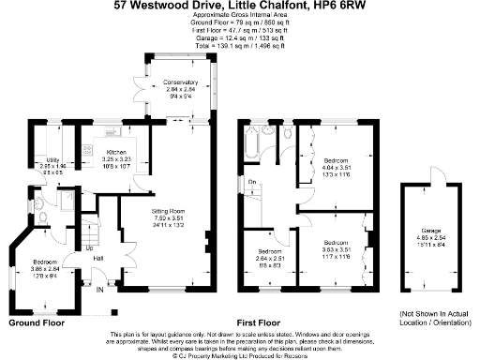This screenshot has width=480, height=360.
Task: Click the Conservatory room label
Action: point(174,82)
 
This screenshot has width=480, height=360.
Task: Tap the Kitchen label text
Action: point(116,151)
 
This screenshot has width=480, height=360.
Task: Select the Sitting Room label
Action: point(171,212)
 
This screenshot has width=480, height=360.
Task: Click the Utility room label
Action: point(52,159)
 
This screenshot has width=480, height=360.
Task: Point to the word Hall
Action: point(98,259)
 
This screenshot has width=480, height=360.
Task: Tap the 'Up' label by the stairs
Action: point(90,248)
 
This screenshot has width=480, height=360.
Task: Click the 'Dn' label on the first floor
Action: point(252,181)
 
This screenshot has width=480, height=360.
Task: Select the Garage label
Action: point(430,230)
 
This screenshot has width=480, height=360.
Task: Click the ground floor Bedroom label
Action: point(47,261)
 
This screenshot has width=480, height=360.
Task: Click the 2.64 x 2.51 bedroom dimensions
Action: point(272,258)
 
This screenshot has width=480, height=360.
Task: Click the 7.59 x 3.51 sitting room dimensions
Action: point(171,218)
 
